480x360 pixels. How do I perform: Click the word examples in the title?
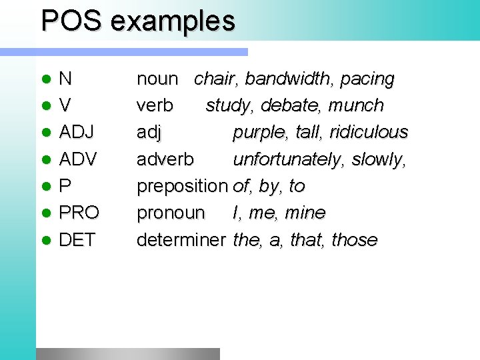[x=173, y=22]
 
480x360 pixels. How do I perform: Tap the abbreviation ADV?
[x=78, y=159]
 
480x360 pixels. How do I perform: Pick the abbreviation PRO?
[x=79, y=213]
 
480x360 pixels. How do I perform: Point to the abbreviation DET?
[x=77, y=239]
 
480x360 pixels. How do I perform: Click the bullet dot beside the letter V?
[x=45, y=106]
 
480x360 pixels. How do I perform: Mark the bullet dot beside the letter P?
[x=45, y=186]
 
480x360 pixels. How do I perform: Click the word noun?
[x=157, y=79]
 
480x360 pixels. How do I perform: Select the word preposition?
[x=182, y=187]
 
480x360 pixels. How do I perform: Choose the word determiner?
[x=181, y=239]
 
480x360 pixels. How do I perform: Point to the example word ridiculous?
[x=367, y=132]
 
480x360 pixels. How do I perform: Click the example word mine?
[x=305, y=213]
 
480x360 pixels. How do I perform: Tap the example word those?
[x=355, y=239]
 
